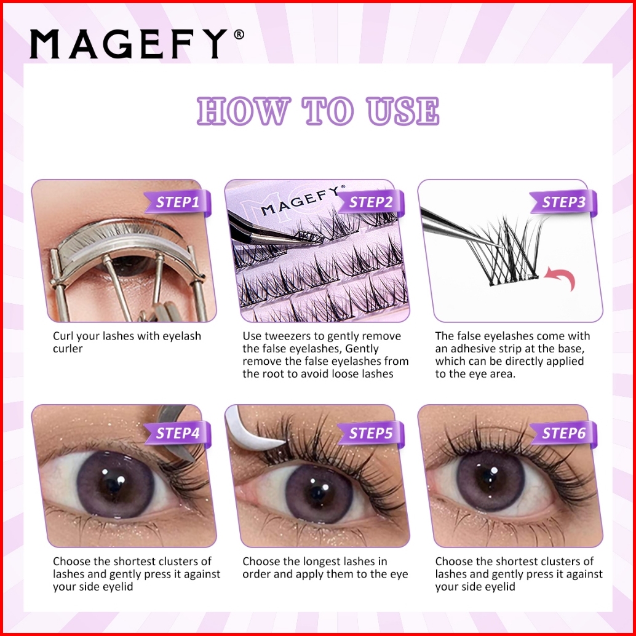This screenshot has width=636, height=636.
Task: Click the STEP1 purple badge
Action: pyautogui.click(x=178, y=202)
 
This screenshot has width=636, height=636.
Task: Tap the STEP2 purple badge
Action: pyautogui.click(x=371, y=202)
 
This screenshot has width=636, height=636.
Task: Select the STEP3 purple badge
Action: pyautogui.click(x=564, y=202)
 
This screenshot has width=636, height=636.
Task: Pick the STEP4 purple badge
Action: pyautogui.click(x=178, y=433)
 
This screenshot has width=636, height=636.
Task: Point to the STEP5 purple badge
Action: pyautogui.click(x=371, y=433)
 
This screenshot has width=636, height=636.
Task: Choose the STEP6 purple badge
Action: pyautogui.click(x=564, y=433)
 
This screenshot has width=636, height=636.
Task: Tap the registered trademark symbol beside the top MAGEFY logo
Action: pyautogui.click(x=239, y=34)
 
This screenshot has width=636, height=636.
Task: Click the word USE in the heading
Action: pyautogui.click(x=402, y=110)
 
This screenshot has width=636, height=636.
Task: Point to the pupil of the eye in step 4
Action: pyautogui.click(x=113, y=485)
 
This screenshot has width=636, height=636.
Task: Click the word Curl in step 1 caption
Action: pyautogui.click(x=63, y=336)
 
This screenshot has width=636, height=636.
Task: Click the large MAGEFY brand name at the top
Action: pyautogui.click(x=129, y=44)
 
